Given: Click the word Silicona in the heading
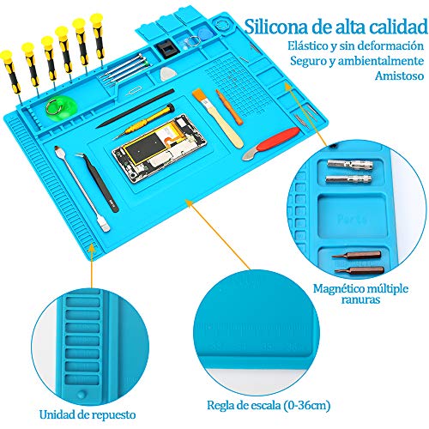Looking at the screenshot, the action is pyautogui.click(x=275, y=27).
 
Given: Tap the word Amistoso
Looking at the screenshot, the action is pyautogui.click(x=399, y=76).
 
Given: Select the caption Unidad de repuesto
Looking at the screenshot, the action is pyautogui.click(x=88, y=414).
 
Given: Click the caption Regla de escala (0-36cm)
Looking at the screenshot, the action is pyautogui.click(x=269, y=405).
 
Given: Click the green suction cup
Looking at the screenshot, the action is pyautogui.click(x=61, y=106).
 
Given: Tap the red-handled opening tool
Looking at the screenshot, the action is pyautogui.click(x=271, y=143).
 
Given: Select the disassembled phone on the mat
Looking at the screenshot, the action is pyautogui.click(x=160, y=148).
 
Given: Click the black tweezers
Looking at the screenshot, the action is pyautogui.click(x=97, y=182).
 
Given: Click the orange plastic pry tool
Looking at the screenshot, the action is pyautogui.click(x=229, y=107).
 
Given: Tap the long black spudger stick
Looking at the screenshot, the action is pyautogui.click(x=135, y=109).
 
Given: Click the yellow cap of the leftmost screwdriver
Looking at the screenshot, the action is pyautogui.click(x=6, y=56).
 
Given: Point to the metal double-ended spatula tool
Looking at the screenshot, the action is pyautogui.click(x=82, y=189).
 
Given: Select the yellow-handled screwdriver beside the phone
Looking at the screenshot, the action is pyautogui.click(x=144, y=121).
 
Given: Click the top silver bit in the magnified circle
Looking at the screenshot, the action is pyautogui.click(x=350, y=164).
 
